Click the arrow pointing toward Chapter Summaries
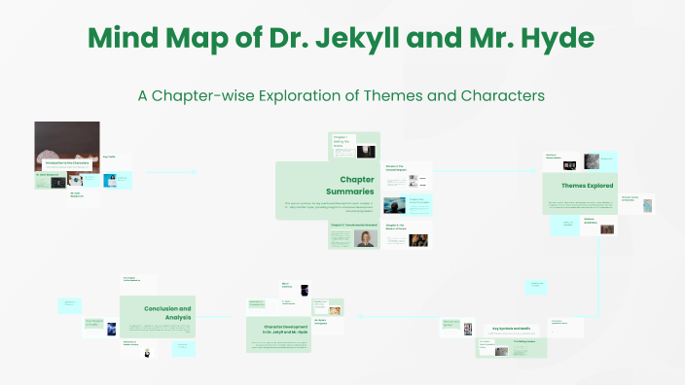tap(190, 172)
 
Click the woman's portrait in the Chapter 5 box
tap(365, 238)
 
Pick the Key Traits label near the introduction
tap(110, 156)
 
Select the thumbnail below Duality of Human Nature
tap(591, 162)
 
